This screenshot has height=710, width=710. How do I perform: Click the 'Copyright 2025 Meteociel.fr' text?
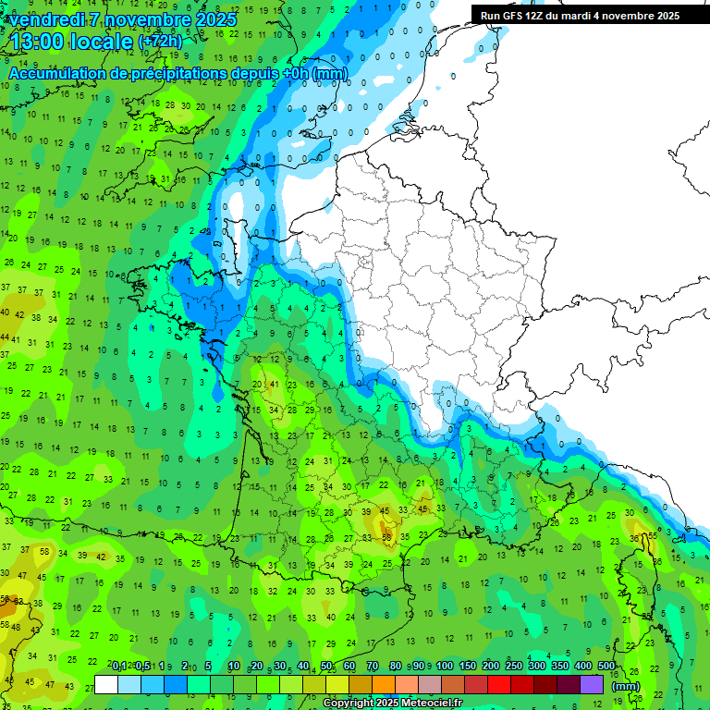click(392, 704)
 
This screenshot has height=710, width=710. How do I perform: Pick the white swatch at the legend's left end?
click(106, 684)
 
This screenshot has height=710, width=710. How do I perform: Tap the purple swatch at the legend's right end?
click(592, 684)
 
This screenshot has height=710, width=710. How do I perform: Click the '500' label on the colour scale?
click(606, 667)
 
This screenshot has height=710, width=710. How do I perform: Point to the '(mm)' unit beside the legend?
click(626, 686)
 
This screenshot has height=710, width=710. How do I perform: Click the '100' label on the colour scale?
click(444, 667)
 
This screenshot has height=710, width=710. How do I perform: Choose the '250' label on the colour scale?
click(513, 667)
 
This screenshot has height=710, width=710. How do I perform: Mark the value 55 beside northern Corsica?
click(653, 535)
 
